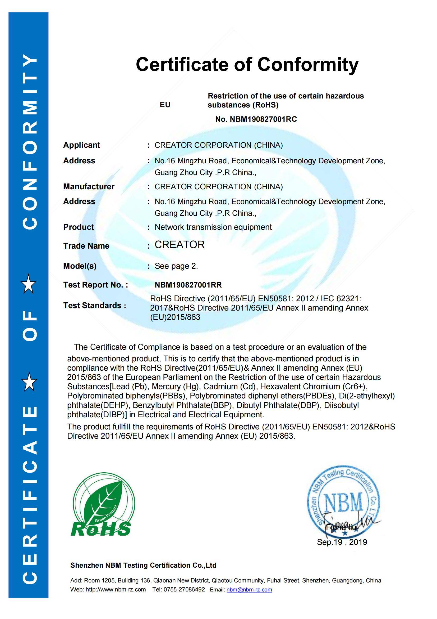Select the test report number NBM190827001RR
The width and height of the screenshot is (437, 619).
pos(188,285)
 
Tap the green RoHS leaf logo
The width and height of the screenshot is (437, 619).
pos(102,508)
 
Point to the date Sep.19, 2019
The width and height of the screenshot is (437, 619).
pos(342,542)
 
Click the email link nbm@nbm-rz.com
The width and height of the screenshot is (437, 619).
pos(249,590)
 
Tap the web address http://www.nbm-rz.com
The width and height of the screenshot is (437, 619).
pos(116,590)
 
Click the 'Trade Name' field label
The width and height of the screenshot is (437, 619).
pos(86,246)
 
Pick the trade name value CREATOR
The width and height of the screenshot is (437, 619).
pos(180,245)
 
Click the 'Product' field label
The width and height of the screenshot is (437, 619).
pos(78,227)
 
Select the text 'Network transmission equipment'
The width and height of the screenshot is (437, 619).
pos(213,227)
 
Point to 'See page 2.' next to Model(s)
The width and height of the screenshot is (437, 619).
pos(176,266)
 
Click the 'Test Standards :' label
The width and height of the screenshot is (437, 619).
pos(94,306)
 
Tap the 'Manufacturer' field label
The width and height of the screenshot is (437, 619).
pos(89,187)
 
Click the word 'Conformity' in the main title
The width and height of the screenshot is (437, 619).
pos(308,65)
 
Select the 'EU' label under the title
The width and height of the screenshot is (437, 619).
pos(165,105)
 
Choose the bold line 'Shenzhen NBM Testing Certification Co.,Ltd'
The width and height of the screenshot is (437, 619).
pos(143,565)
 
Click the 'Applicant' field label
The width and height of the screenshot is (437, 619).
pos(81,145)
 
